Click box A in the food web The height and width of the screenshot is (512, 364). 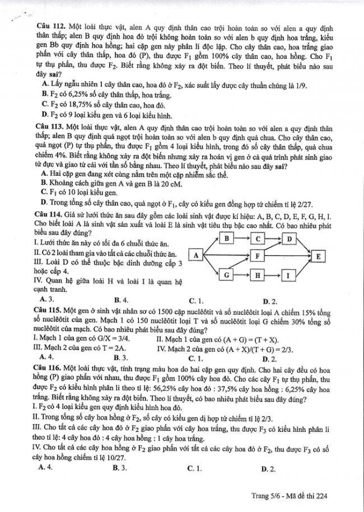[196, 257]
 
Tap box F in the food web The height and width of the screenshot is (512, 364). [257, 257]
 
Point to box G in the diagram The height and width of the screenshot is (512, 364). [226, 276]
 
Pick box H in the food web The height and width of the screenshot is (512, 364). [257, 276]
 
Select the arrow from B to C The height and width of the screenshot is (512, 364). [241, 239]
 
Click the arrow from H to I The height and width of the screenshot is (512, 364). [272, 276]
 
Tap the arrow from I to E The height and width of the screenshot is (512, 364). [302, 267]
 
